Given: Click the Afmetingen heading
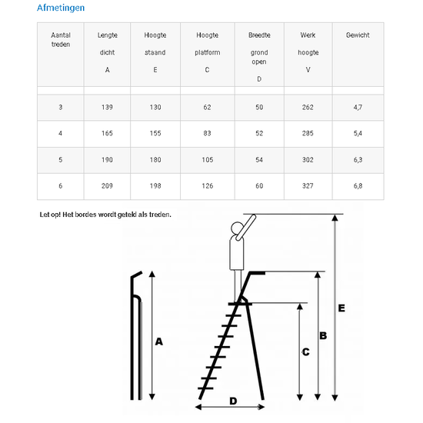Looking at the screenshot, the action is pos(61,8).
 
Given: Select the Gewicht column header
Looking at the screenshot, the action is pos(358,35).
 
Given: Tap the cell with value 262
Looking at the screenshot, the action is pos(308,108).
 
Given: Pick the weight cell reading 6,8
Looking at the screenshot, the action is pos(358,186).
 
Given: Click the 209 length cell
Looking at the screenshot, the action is pos(107,186).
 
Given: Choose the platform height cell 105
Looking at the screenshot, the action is pos(208,160).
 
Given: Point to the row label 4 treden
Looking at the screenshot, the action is pos(61,133).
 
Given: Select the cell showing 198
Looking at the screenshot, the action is pos(155,186).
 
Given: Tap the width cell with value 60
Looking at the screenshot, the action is pos(259,186).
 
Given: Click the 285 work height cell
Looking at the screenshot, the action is pos(308,133).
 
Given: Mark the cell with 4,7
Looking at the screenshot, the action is pos(358,108).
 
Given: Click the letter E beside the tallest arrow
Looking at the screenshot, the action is pos(341,308).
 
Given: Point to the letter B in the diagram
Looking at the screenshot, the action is pos(323,335).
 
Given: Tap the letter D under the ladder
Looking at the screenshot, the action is pos(233,401).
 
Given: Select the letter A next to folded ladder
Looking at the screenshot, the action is pos(159,341).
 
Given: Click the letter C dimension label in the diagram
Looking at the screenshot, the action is pos(305,351).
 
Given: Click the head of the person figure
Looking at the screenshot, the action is pos(237,228).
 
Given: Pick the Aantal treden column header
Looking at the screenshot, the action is pos(61,40).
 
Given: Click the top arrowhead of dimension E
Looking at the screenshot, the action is pos(335,218).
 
